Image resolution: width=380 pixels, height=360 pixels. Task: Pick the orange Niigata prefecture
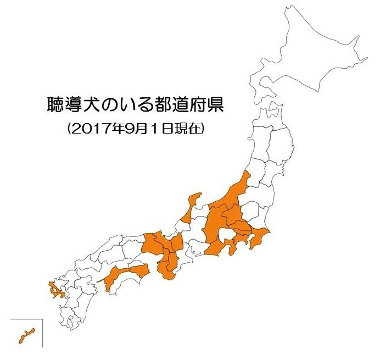click(x=233, y=192)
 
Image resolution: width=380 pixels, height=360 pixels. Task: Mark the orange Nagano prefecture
click(x=215, y=223)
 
